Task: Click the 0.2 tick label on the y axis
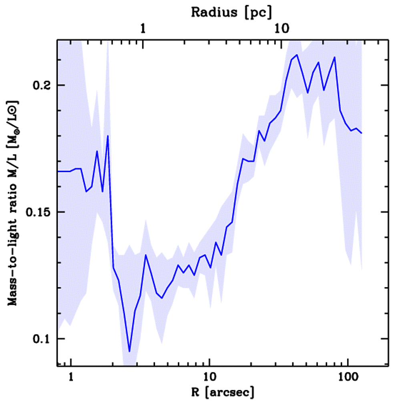point(41,85)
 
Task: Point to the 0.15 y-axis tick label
point(38,212)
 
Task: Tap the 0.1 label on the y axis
point(41,339)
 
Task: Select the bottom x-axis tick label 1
point(71,378)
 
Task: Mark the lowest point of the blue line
point(129,352)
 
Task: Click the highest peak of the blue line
point(297,55)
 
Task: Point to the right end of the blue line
point(361,133)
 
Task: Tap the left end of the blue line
point(58,171)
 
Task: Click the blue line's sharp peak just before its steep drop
point(108,136)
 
